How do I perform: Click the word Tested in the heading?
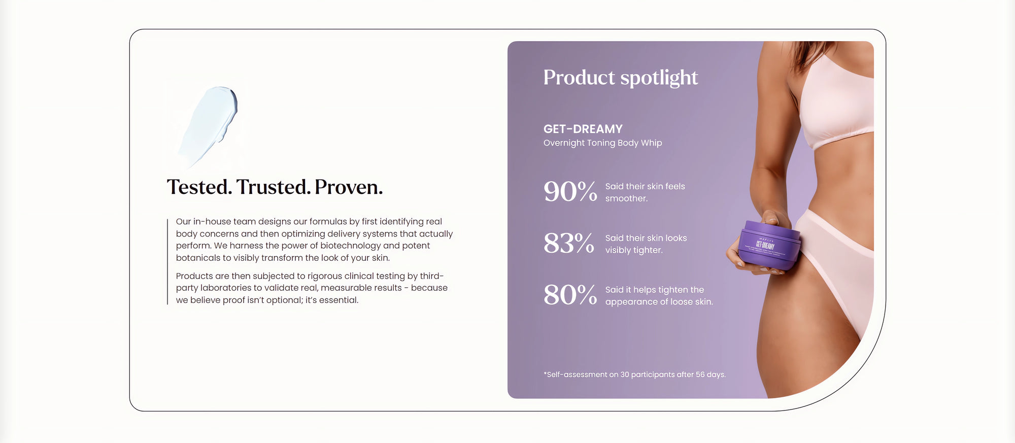tap(199, 187)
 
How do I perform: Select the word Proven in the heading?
tap(349, 187)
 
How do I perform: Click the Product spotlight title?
tap(621, 78)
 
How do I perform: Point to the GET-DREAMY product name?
tap(583, 129)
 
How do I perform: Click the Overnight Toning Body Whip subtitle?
tap(603, 143)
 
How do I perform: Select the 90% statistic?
tap(570, 192)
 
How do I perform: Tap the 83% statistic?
tap(569, 244)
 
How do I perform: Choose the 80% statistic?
tap(570, 295)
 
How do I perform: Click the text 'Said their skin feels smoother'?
tap(645, 192)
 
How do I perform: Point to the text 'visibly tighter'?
tap(634, 250)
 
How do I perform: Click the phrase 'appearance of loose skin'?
tap(659, 302)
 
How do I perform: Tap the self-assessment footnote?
tap(635, 374)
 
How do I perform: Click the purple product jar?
tap(769, 245)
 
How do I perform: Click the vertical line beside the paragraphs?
tap(167, 262)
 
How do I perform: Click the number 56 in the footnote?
tap(700, 374)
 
